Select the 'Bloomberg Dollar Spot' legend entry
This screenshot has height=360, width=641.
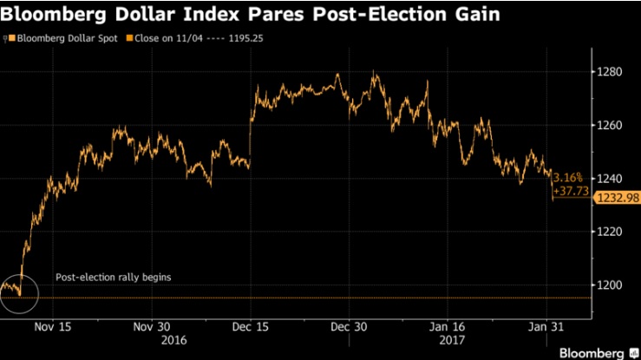(x=59, y=39)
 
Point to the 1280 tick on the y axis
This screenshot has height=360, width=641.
(x=608, y=72)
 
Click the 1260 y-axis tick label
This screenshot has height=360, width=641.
(x=608, y=126)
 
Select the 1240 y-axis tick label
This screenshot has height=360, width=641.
(x=608, y=179)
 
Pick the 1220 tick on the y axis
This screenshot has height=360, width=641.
(x=608, y=232)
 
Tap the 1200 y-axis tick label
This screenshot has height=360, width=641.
(x=608, y=285)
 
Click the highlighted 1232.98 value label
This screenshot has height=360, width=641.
(x=615, y=199)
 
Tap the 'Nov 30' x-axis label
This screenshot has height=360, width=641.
(x=151, y=327)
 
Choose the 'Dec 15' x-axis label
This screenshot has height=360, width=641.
(x=252, y=327)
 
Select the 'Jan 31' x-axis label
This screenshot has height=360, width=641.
(x=546, y=327)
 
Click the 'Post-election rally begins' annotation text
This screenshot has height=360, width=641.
(x=114, y=278)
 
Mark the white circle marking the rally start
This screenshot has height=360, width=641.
(x=19, y=291)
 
